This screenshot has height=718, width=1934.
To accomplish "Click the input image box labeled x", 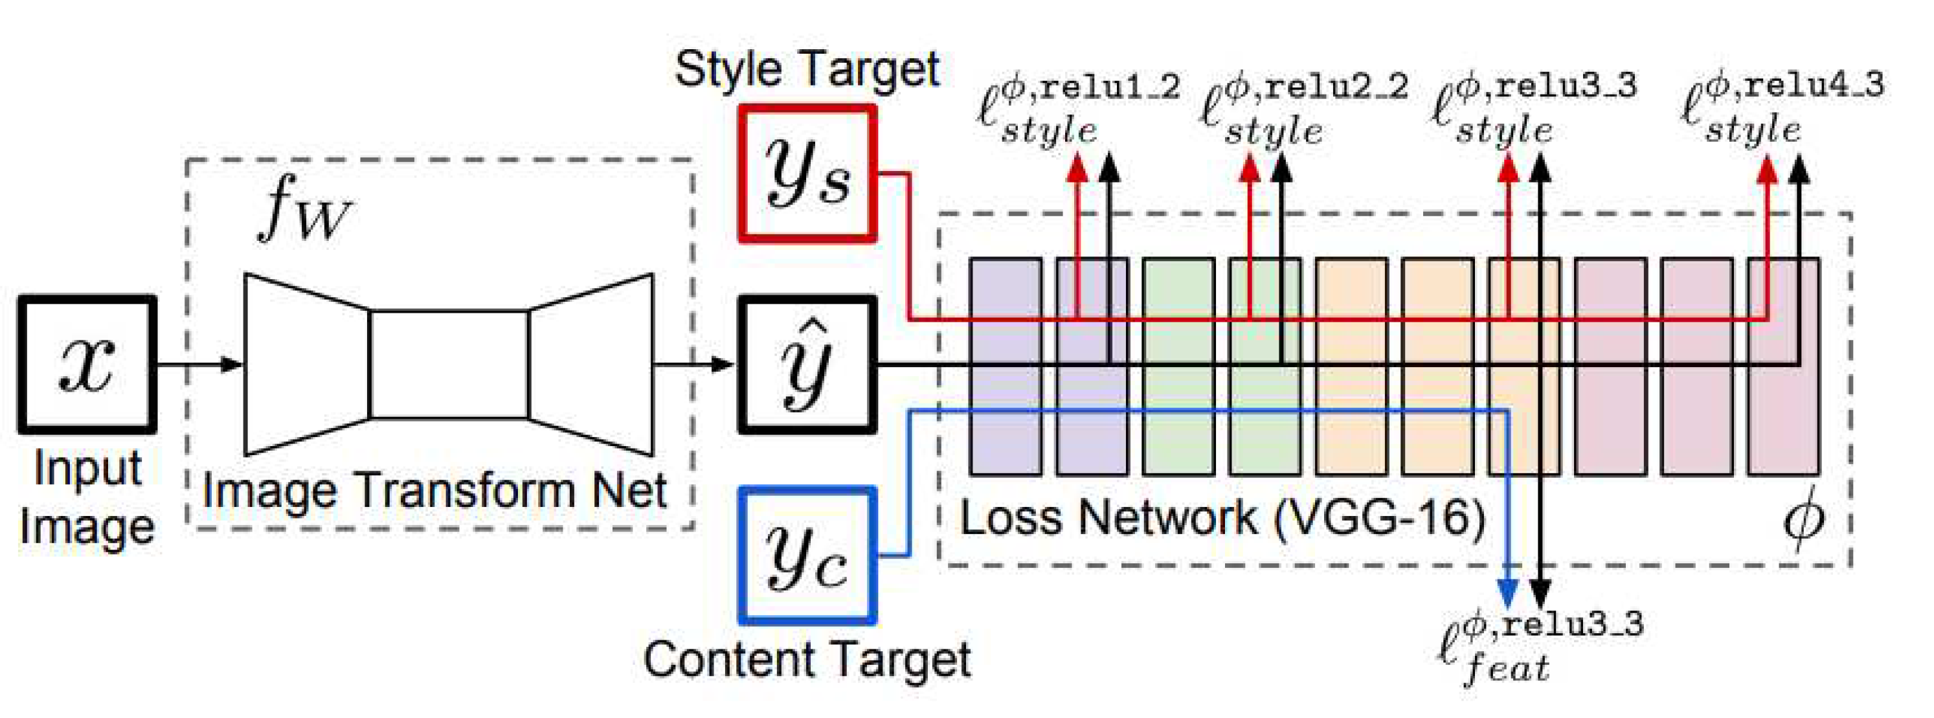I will point(87,365).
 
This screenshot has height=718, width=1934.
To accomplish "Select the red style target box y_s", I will point(807,174).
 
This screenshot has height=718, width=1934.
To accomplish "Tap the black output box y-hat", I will point(807,365).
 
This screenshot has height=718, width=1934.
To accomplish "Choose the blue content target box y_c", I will point(807,555).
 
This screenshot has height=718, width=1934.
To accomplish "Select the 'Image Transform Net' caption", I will point(434,491).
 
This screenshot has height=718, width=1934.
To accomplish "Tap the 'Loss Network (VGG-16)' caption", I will point(1222,518).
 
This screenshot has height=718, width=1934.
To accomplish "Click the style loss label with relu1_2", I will point(1077,109).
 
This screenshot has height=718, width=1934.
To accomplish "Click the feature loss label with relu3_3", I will point(1539,646).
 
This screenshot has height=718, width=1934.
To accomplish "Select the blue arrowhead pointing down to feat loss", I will point(1507,593).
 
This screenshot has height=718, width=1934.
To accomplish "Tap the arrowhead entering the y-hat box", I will point(722,365).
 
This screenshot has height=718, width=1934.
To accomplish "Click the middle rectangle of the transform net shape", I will point(449,365).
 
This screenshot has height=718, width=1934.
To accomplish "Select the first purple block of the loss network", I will point(1006,366).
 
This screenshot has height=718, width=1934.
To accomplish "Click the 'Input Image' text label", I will point(87,497).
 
